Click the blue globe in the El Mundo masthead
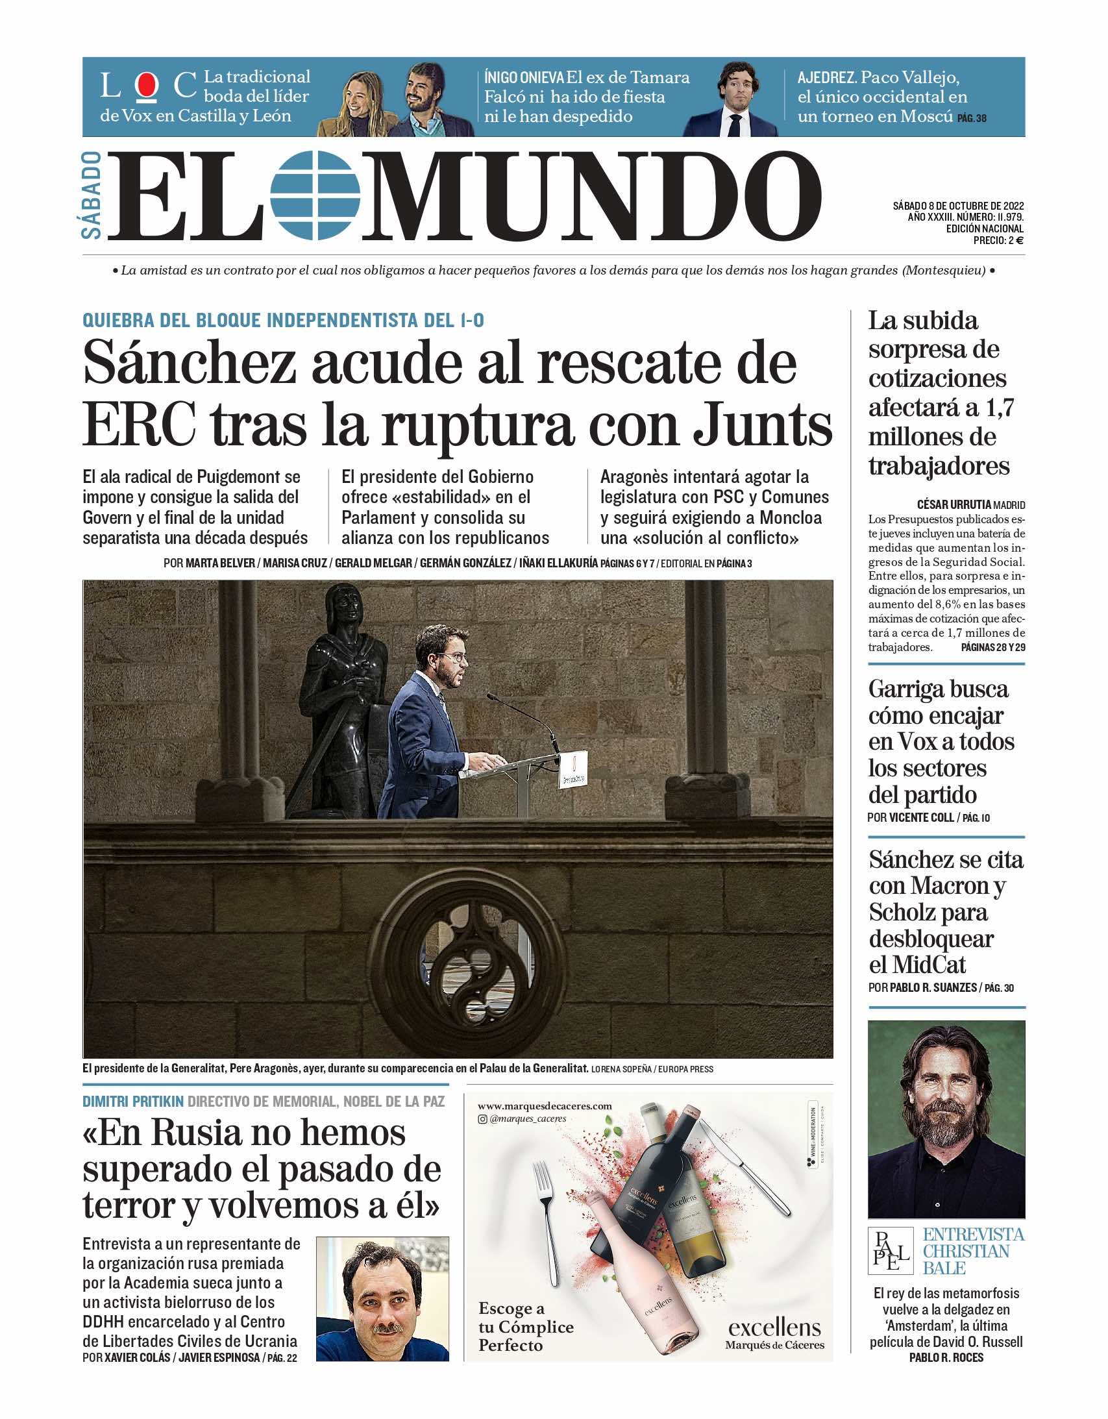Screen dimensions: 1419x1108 [315, 194]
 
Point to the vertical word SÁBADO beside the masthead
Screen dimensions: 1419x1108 [93, 195]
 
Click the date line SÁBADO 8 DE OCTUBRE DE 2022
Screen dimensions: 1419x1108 [958, 206]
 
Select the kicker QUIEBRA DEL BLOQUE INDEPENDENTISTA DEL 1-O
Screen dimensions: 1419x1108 [284, 320]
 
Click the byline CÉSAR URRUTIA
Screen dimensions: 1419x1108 [954, 504]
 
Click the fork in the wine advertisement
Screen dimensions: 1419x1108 [547, 1222]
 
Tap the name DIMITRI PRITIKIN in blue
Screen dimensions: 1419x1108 [133, 1102]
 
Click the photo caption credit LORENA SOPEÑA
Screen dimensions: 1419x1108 [621, 1069]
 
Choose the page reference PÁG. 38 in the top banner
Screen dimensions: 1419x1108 [972, 118]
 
